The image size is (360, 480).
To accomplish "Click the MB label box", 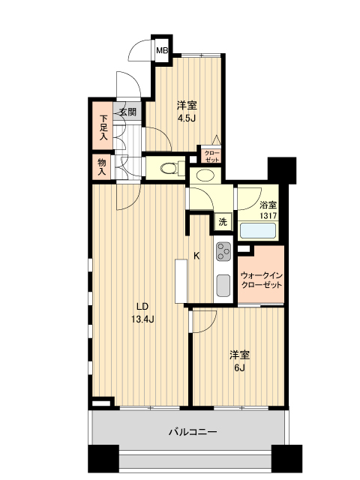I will point(161,50).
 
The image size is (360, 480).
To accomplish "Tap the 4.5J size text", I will point(187,118).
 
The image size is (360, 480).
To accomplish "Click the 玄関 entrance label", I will point(127,112).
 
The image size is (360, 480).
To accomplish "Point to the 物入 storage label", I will point(102,166).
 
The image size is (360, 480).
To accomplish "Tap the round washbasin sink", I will point(203,175).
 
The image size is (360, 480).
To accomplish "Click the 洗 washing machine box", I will point(222,221).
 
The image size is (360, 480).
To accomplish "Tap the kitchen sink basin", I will point(223,286).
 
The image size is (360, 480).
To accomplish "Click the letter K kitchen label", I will point(196,256).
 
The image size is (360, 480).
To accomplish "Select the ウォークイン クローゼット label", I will point(261,281).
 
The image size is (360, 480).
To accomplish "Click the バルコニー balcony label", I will point(191,432).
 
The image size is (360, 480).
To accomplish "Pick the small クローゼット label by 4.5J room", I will point(211,156).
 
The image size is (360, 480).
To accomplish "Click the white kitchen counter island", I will point(181,281).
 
